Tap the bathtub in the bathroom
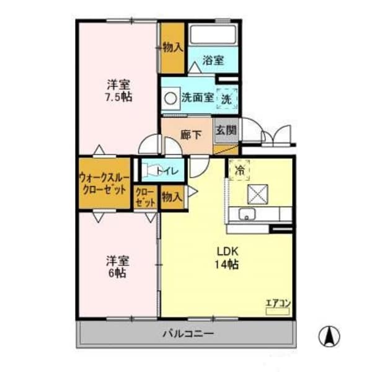213,35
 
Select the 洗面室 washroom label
197,97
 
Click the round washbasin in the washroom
169,97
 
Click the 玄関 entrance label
226,131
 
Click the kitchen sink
246,215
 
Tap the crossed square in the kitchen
257,194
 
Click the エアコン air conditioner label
278,303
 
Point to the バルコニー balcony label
188,334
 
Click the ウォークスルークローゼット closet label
104,184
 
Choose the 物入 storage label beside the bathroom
172,46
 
